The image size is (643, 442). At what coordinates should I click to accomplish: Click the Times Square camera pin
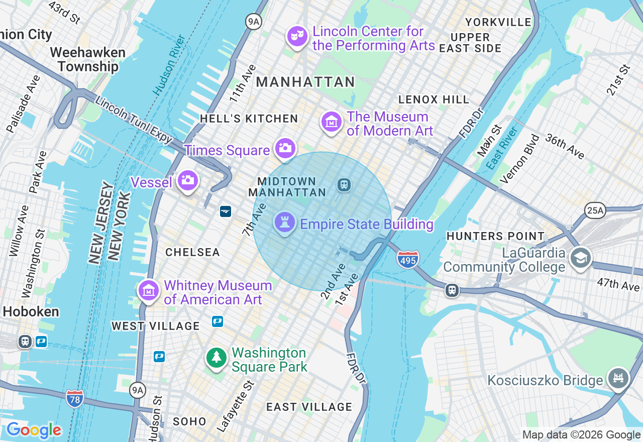click(285, 149)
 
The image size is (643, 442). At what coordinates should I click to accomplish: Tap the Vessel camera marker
click(188, 180)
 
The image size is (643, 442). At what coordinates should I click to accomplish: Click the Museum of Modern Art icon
click(332, 122)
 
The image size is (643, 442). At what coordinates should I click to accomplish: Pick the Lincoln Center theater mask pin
click(297, 36)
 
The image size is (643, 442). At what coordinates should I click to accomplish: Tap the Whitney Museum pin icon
click(149, 290)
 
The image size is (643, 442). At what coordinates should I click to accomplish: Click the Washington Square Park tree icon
click(217, 358)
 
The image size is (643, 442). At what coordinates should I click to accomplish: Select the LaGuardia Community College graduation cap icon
click(580, 258)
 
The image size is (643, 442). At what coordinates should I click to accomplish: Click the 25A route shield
click(595, 210)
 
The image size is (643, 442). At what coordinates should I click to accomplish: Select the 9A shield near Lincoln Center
click(254, 21)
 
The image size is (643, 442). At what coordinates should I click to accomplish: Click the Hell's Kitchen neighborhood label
click(249, 119)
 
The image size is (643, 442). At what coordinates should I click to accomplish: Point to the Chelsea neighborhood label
click(193, 252)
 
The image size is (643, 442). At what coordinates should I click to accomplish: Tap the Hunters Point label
click(495, 236)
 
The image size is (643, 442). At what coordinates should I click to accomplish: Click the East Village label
click(309, 407)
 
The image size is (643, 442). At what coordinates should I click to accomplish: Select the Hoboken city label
click(31, 311)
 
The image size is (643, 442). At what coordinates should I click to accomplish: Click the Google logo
click(34, 430)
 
